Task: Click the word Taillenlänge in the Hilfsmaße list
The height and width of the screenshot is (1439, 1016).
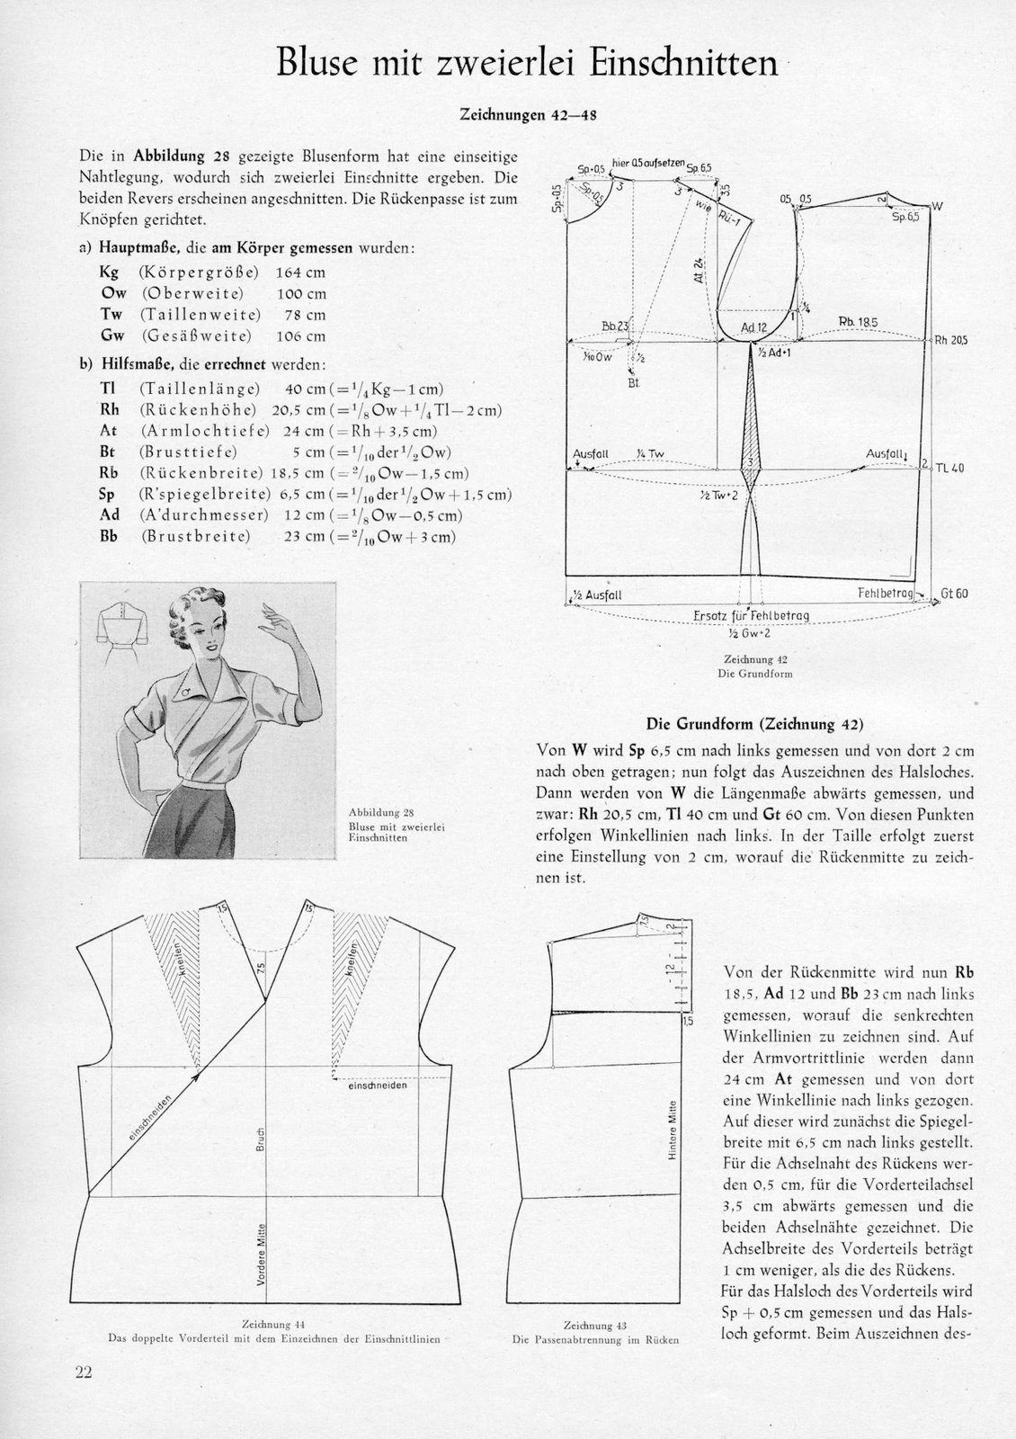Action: (199, 389)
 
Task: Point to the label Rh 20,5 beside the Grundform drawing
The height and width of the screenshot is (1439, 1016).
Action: (951, 340)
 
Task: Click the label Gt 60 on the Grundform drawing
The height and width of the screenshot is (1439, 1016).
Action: (955, 594)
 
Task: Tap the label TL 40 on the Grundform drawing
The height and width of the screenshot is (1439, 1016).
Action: (949, 468)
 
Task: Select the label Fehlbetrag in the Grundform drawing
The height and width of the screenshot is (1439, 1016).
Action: (886, 594)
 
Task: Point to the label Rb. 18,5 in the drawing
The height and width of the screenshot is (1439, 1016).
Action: (858, 322)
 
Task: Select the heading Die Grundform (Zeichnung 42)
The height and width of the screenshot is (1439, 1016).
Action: (755, 722)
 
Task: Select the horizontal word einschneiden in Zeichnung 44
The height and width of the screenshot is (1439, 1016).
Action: (379, 1086)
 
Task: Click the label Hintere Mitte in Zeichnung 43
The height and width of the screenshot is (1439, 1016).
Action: (671, 1129)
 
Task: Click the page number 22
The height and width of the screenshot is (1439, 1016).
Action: (84, 1372)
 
